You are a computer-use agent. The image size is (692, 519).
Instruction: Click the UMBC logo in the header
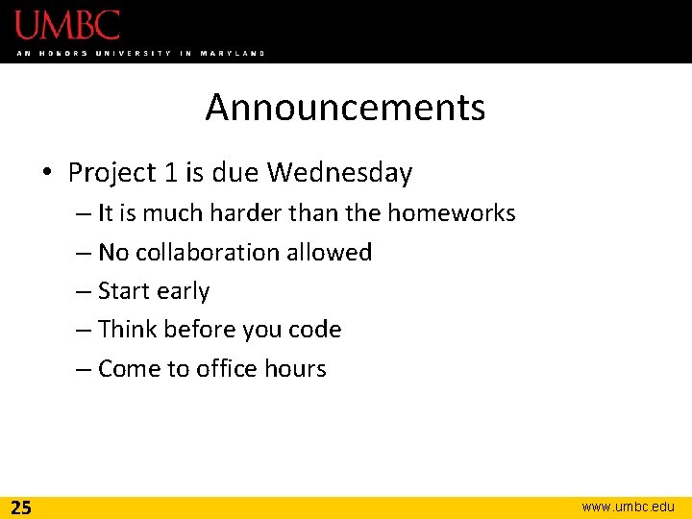click(67, 25)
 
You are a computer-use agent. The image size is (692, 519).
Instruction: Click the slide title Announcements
click(345, 108)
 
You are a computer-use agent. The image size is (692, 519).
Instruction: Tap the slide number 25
click(21, 507)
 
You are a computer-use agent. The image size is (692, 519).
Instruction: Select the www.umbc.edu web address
click(629, 507)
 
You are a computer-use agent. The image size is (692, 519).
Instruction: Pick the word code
click(314, 330)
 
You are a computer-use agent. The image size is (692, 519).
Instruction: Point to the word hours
click(299, 369)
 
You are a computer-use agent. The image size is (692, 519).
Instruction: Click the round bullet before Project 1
click(47, 174)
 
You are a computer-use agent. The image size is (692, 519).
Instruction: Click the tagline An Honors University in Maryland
click(140, 53)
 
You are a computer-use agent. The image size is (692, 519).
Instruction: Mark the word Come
click(131, 369)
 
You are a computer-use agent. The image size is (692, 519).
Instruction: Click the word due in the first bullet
click(235, 173)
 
